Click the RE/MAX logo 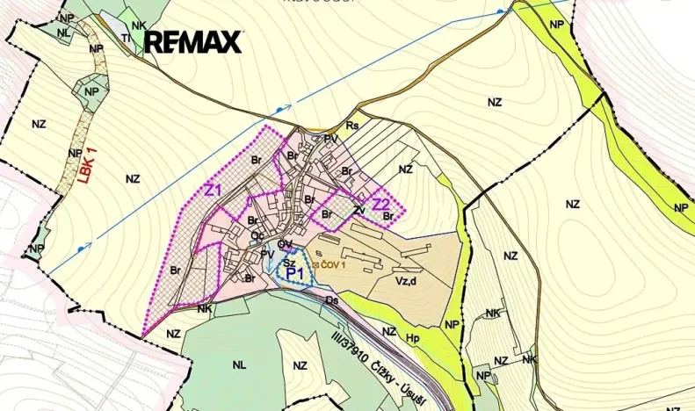pyautogui.click(x=192, y=41)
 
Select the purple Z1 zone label pyautogui.click(x=213, y=191)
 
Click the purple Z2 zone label pyautogui.click(x=381, y=205)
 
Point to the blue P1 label pyautogui.click(x=295, y=273)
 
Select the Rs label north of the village pyautogui.click(x=352, y=126)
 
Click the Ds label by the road pyautogui.click(x=332, y=301)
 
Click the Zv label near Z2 pyautogui.click(x=358, y=211)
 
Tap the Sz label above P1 pyautogui.click(x=287, y=260)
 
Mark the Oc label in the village pyautogui.click(x=257, y=235)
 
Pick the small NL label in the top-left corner pyautogui.click(x=64, y=32)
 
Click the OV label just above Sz pyautogui.click(x=285, y=244)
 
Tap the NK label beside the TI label pyautogui.click(x=139, y=25)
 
